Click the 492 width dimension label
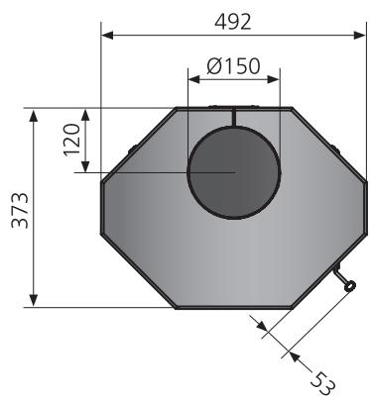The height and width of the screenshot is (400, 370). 233,23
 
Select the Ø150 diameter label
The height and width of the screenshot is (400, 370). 233,66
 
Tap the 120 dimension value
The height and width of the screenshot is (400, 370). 72,140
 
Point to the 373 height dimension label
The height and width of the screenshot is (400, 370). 20,210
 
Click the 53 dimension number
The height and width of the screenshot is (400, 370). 323,383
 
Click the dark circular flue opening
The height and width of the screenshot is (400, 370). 234,172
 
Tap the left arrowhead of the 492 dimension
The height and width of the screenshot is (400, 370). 107,36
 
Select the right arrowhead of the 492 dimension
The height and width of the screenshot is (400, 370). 359,36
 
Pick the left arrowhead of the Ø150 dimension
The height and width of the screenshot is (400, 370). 194,79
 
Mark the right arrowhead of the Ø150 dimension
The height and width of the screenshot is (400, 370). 274,79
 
